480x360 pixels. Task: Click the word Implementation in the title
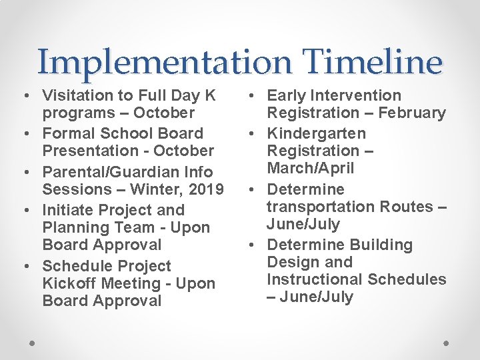pos(164,62)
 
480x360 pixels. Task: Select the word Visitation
pos(74,95)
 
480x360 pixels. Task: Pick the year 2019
pos(206,189)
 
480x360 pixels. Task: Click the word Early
pos(289,95)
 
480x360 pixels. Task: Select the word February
pos(412,113)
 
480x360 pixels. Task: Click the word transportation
pos(321,207)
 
